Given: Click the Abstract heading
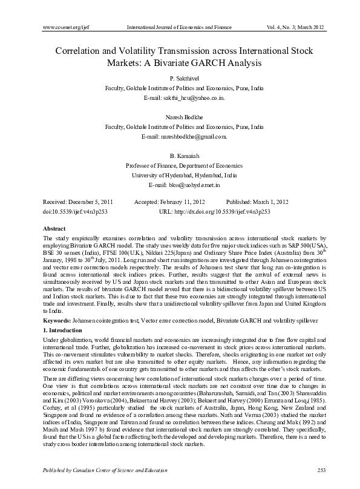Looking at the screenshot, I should point(54,229).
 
